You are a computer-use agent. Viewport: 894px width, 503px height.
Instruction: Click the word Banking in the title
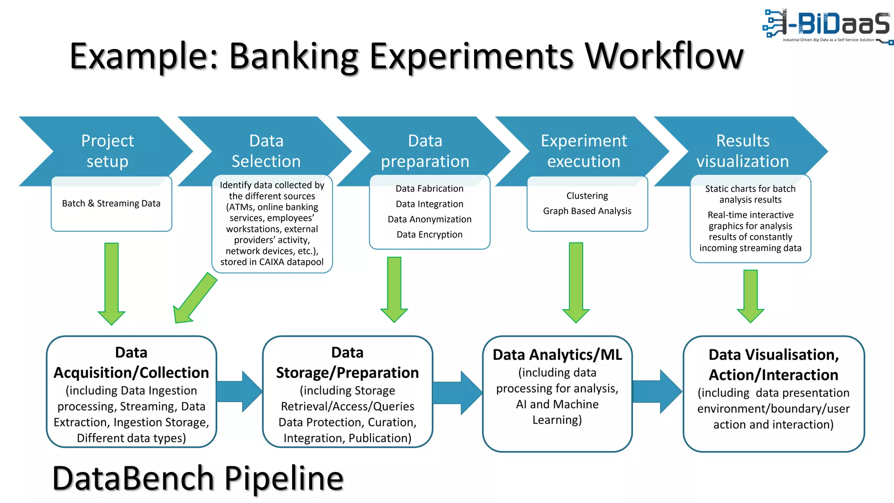click(293, 57)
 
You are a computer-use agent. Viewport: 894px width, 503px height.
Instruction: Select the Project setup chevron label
click(107, 151)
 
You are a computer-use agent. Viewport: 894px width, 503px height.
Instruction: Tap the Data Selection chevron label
click(266, 151)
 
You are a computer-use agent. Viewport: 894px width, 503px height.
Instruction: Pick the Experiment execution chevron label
click(584, 151)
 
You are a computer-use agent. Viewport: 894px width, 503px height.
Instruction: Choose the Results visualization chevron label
click(743, 151)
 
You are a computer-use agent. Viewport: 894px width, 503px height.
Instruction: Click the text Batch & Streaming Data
click(111, 203)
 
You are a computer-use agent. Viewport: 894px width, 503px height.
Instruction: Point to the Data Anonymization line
click(430, 219)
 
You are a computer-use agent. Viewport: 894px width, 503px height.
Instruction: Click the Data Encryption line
click(430, 234)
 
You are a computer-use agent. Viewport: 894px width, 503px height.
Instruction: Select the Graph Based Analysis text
click(587, 211)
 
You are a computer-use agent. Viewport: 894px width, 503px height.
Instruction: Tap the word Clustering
click(587, 196)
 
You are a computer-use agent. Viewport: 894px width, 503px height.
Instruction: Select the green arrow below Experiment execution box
click(576, 282)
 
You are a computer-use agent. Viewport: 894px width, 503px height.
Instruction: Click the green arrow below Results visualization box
click(750, 295)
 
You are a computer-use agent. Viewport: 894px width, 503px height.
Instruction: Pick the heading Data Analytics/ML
click(557, 355)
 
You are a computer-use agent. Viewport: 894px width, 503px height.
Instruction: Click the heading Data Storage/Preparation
click(347, 363)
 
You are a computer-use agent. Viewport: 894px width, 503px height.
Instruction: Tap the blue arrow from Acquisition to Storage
click(239, 391)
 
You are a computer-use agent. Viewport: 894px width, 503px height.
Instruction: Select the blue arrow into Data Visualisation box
click(657, 391)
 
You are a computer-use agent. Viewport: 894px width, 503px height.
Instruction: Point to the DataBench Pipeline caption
click(198, 479)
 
